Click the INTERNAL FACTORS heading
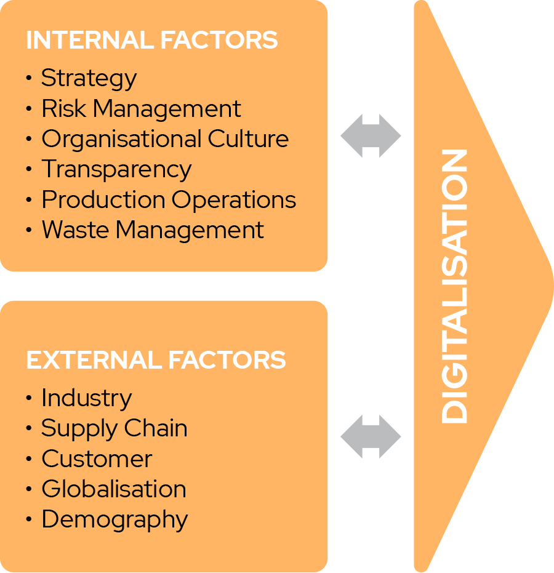[152, 40]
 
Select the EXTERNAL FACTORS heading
[156, 360]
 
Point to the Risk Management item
[141, 108]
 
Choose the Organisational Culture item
[165, 140]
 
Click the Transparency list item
[116, 170]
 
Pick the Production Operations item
[169, 200]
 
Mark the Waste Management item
[153, 230]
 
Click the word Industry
[87, 399]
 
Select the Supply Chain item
[114, 429]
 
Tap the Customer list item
[97, 459]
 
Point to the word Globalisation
[114, 489]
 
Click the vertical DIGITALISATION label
[454, 286]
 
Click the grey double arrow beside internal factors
[371, 136]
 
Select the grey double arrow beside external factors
[371, 437]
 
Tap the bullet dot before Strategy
[29, 78]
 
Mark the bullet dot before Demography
[29, 519]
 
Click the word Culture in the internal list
[249, 139]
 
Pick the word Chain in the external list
[156, 428]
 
